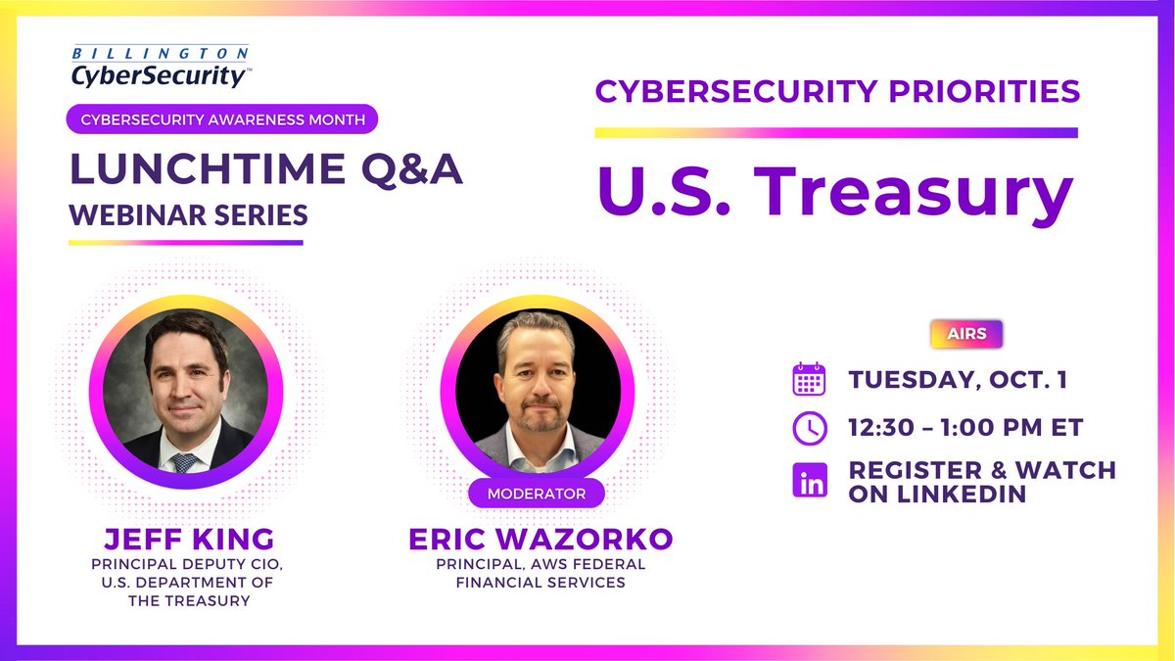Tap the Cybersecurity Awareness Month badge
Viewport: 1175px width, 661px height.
click(222, 119)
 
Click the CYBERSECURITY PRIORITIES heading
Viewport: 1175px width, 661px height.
click(837, 92)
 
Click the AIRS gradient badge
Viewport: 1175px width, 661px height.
click(965, 334)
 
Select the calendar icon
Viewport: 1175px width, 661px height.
click(809, 379)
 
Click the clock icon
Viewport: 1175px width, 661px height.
click(809, 427)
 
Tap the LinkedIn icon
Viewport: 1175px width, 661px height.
click(809, 481)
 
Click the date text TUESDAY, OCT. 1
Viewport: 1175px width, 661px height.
click(957, 380)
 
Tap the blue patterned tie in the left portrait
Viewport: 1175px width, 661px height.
click(182, 462)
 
